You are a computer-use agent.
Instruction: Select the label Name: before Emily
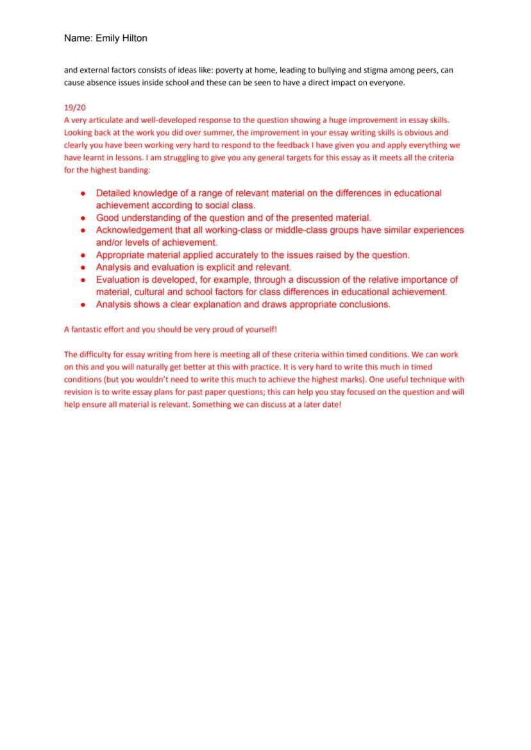[x=78, y=38]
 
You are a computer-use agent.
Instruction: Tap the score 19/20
[x=74, y=109]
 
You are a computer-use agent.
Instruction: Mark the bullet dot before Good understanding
[x=83, y=218]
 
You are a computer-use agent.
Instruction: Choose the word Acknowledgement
[x=133, y=230]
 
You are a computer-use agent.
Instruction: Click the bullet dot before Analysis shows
[x=83, y=305]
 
